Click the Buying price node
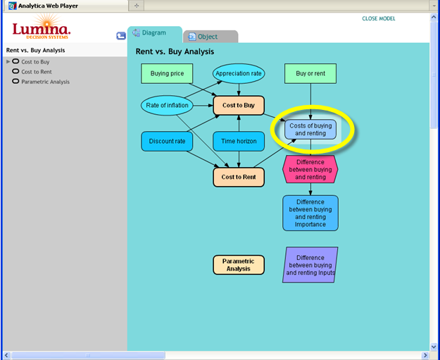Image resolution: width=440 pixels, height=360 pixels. tap(167, 73)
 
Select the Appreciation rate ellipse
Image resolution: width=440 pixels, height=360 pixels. tap(239, 73)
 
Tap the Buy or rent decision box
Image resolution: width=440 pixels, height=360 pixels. tap(310, 73)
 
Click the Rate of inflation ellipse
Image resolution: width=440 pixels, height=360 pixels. tap(167, 105)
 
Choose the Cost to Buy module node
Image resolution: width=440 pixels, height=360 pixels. tap(239, 105)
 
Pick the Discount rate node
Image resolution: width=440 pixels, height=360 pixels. tap(167, 141)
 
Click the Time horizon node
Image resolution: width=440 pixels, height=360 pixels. tap(239, 141)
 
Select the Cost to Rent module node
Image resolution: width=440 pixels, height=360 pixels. tap(239, 178)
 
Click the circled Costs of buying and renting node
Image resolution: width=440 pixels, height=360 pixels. tap(310, 130)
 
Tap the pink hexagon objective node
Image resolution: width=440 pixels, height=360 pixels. tap(310, 169)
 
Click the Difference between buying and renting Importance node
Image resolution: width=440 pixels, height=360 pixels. tap(310, 213)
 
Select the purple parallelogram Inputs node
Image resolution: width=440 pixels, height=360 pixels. tap(310, 265)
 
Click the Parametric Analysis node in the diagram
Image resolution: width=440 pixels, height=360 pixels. tap(239, 265)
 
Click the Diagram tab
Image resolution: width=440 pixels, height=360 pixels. tap(155, 34)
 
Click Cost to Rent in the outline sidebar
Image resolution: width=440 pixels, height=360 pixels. tap(37, 72)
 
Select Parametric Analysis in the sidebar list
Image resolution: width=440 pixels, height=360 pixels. tap(46, 82)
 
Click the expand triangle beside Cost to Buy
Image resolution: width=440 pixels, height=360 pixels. tap(8, 61)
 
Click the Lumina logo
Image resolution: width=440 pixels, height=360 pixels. tap(42, 27)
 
